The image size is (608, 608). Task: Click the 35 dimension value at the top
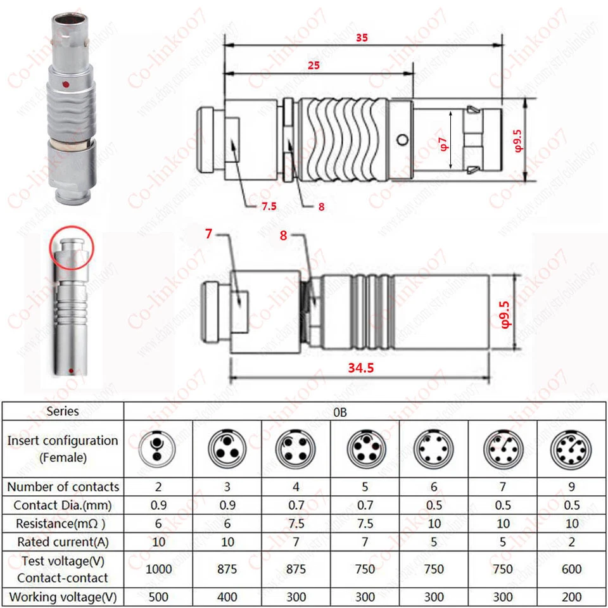point(362,37)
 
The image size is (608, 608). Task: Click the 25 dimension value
point(313,65)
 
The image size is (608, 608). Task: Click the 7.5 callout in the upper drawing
point(269,205)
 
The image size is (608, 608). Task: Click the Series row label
point(63,411)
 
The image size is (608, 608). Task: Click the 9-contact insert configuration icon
point(571,448)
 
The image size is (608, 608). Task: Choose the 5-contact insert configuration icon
point(365,448)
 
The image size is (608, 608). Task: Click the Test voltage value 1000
point(158,569)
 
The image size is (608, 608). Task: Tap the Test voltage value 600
point(571,569)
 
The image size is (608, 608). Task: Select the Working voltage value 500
point(158,597)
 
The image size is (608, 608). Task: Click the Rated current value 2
point(571,541)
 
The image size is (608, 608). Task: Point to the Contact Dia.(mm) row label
point(63,505)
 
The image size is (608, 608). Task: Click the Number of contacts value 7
point(502,486)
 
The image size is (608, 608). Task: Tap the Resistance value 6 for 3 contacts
point(227,524)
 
